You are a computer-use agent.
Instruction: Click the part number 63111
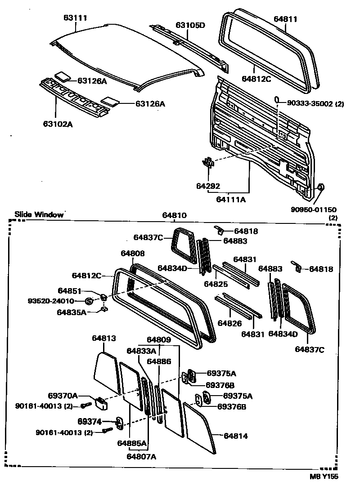pyautogui.click(x=74, y=18)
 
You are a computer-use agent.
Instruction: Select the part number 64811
pyautogui.click(x=285, y=19)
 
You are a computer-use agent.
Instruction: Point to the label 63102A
pyautogui.click(x=58, y=124)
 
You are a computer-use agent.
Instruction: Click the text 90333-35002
pyautogui.click(x=310, y=103)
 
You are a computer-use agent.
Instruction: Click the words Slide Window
pyautogui.click(x=39, y=214)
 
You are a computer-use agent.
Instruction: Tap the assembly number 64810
pyautogui.click(x=174, y=215)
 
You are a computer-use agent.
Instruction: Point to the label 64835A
pyautogui.click(x=72, y=312)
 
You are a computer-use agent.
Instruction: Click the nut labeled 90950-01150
pyautogui.click(x=321, y=187)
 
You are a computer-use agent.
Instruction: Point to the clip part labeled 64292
pyautogui.click(x=207, y=163)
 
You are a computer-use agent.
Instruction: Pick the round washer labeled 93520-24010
pyautogui.click(x=89, y=301)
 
